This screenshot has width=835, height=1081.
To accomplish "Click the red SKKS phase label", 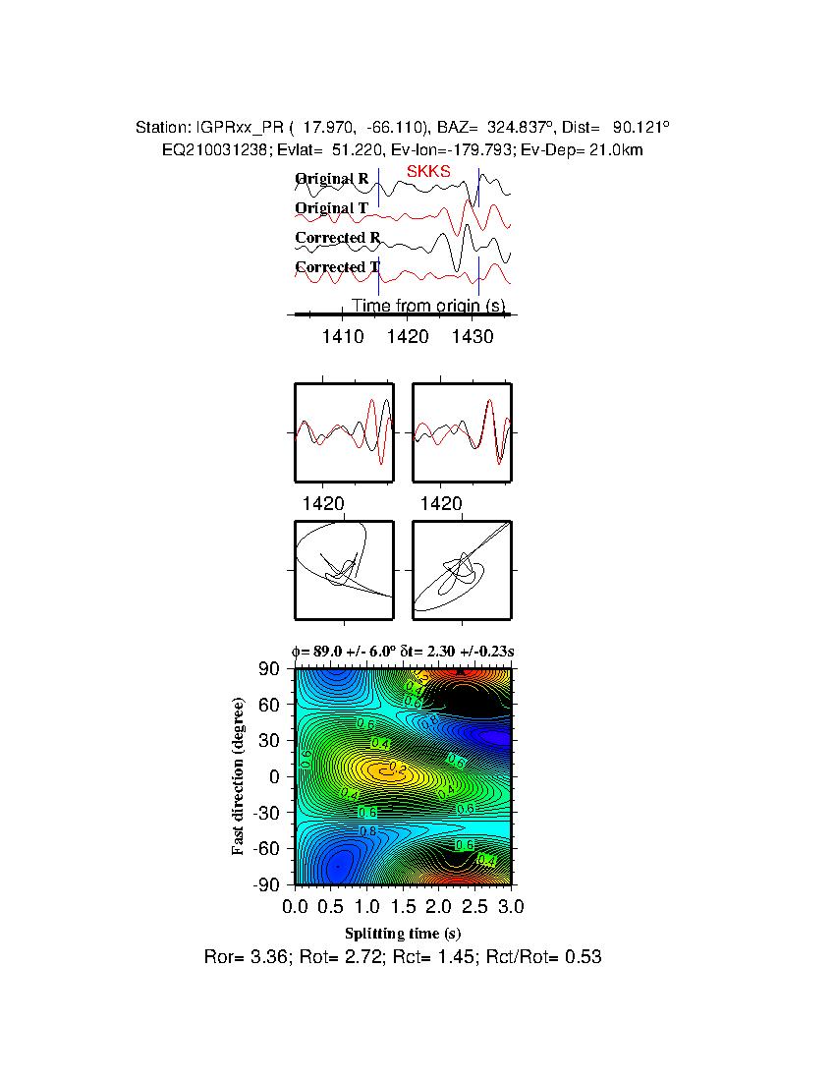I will coord(428,171).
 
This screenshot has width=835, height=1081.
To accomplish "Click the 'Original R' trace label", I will coord(332,179).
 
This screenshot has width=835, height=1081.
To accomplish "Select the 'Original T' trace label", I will coord(332,208).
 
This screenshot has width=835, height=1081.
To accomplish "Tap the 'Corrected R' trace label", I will coord(337,238).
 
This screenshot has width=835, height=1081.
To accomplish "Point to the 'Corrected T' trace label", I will coord(337,267).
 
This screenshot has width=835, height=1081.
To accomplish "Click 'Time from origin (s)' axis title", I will coord(428,306).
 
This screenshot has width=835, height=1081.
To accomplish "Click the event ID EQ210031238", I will coord(211,149).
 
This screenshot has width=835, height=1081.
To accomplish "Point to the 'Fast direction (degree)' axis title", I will coord(239,776).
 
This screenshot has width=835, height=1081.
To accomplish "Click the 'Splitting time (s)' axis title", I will coord(403,933).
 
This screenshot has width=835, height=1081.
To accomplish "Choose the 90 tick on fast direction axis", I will coord(271,669).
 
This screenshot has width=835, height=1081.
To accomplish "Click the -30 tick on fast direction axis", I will coord(267,813).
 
